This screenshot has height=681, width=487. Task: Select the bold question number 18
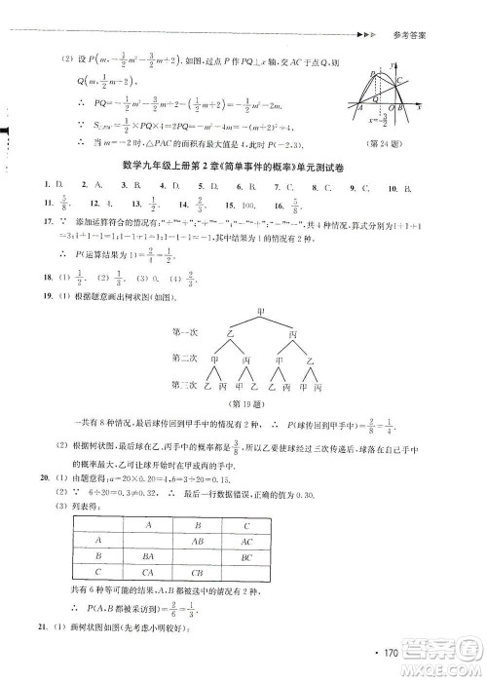(44, 276)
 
